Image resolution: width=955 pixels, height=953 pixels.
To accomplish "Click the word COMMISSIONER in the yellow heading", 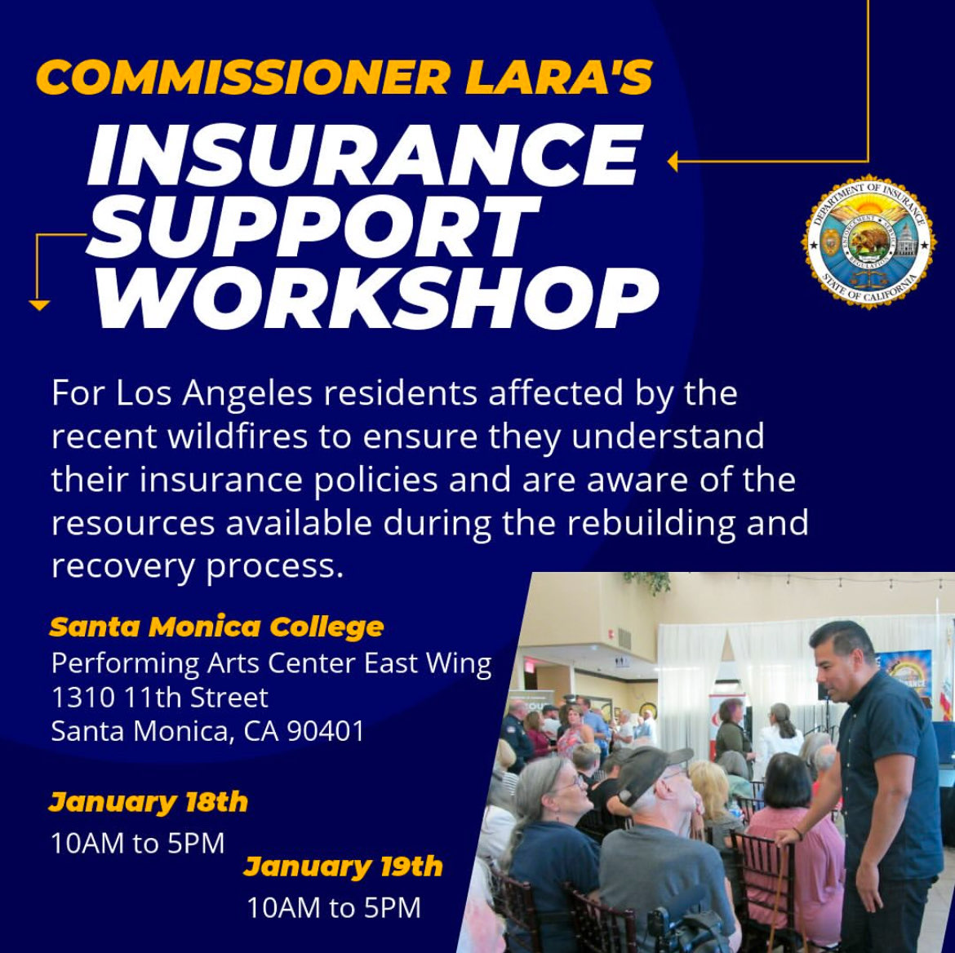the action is (244, 78).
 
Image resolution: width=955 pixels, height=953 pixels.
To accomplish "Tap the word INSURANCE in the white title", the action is (364, 155).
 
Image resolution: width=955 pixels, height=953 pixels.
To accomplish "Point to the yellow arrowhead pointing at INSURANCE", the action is (673, 162).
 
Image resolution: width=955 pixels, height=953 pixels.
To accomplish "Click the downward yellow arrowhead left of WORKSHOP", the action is (39, 305).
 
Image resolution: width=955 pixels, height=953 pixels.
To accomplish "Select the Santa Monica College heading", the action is (217, 627).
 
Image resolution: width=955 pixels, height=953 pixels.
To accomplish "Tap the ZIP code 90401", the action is (326, 731).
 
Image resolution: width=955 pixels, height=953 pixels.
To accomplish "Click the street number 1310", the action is (83, 698).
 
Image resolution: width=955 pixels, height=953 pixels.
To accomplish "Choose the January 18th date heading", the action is (149, 802).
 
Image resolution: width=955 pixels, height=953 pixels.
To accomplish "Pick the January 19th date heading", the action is (344, 866).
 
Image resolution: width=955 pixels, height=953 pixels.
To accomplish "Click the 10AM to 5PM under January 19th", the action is (334, 907).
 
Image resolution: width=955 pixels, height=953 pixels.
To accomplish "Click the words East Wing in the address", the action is (428, 663).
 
